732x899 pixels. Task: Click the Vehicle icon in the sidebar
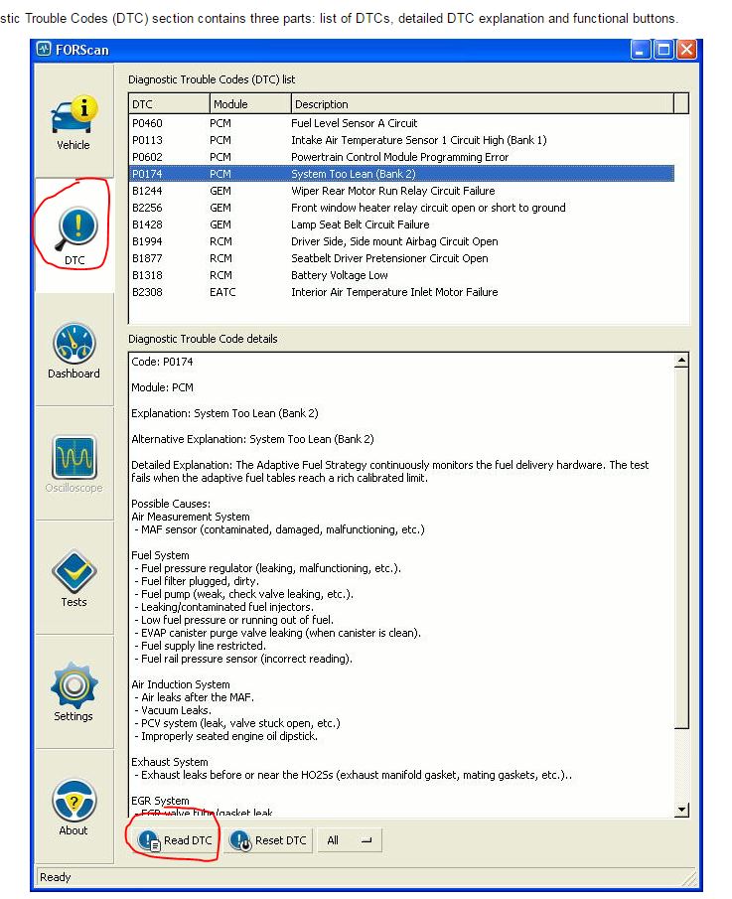coord(73,117)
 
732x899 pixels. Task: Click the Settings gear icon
coord(73,686)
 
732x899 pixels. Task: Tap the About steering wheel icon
coord(73,801)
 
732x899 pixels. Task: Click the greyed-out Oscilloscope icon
coord(73,458)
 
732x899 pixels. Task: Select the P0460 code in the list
coord(147,123)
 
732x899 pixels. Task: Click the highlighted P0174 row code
coord(147,174)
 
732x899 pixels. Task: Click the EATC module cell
coord(223,292)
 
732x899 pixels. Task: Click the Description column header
coord(322,104)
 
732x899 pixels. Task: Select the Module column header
coord(230,104)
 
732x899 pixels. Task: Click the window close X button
coord(686,50)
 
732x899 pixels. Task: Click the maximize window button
coord(663,50)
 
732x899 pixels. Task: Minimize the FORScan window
coord(641,50)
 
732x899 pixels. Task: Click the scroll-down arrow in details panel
coord(681,811)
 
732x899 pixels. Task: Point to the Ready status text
coord(55,877)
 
